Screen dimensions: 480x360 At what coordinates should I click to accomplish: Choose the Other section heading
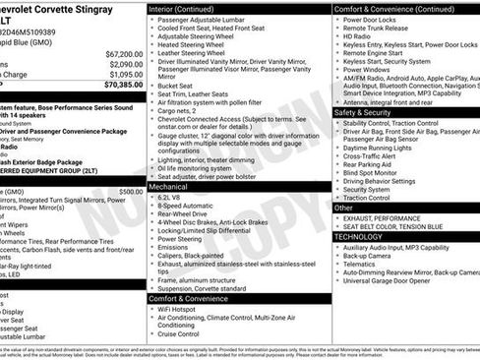(x=343, y=208)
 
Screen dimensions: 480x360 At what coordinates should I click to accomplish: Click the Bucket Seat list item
(x=177, y=86)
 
